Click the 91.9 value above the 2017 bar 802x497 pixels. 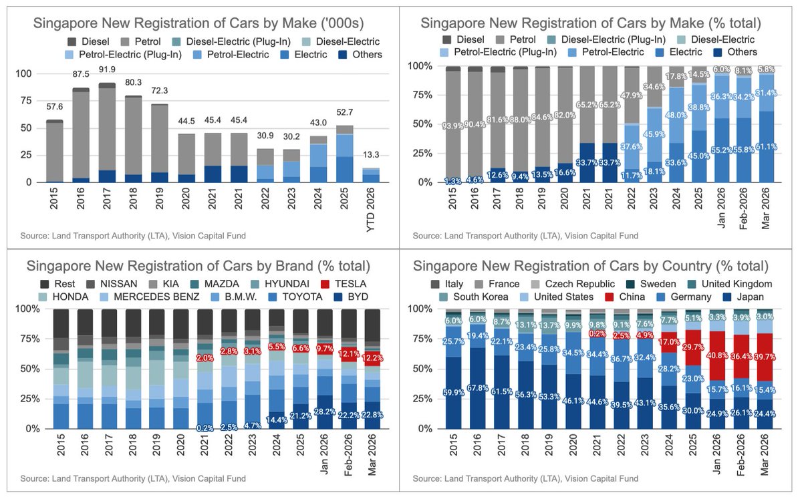point(107,69)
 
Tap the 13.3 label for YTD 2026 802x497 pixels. point(371,155)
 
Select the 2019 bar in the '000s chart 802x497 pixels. point(159,143)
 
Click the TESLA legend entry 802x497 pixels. point(344,284)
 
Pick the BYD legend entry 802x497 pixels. point(351,297)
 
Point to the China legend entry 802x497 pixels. point(625,297)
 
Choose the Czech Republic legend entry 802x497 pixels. point(573,284)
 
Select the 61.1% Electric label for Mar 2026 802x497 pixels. point(766,147)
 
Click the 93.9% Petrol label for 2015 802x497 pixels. point(452,126)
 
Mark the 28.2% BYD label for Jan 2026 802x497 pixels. point(325,412)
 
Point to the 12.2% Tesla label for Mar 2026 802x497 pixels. point(372,358)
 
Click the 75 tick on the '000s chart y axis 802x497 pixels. point(26,101)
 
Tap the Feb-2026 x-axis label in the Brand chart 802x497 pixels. point(348,455)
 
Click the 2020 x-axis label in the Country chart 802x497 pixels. point(573,445)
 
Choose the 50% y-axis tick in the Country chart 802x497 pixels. point(424,369)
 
